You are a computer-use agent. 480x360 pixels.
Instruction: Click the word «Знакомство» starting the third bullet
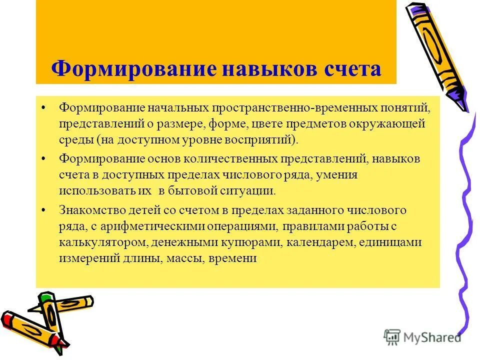pyautogui.click(x=88, y=210)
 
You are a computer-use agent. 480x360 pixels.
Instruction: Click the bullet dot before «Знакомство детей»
pyautogui.click(x=45, y=210)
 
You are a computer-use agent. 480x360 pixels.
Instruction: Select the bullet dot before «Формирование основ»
pyautogui.click(x=45, y=159)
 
